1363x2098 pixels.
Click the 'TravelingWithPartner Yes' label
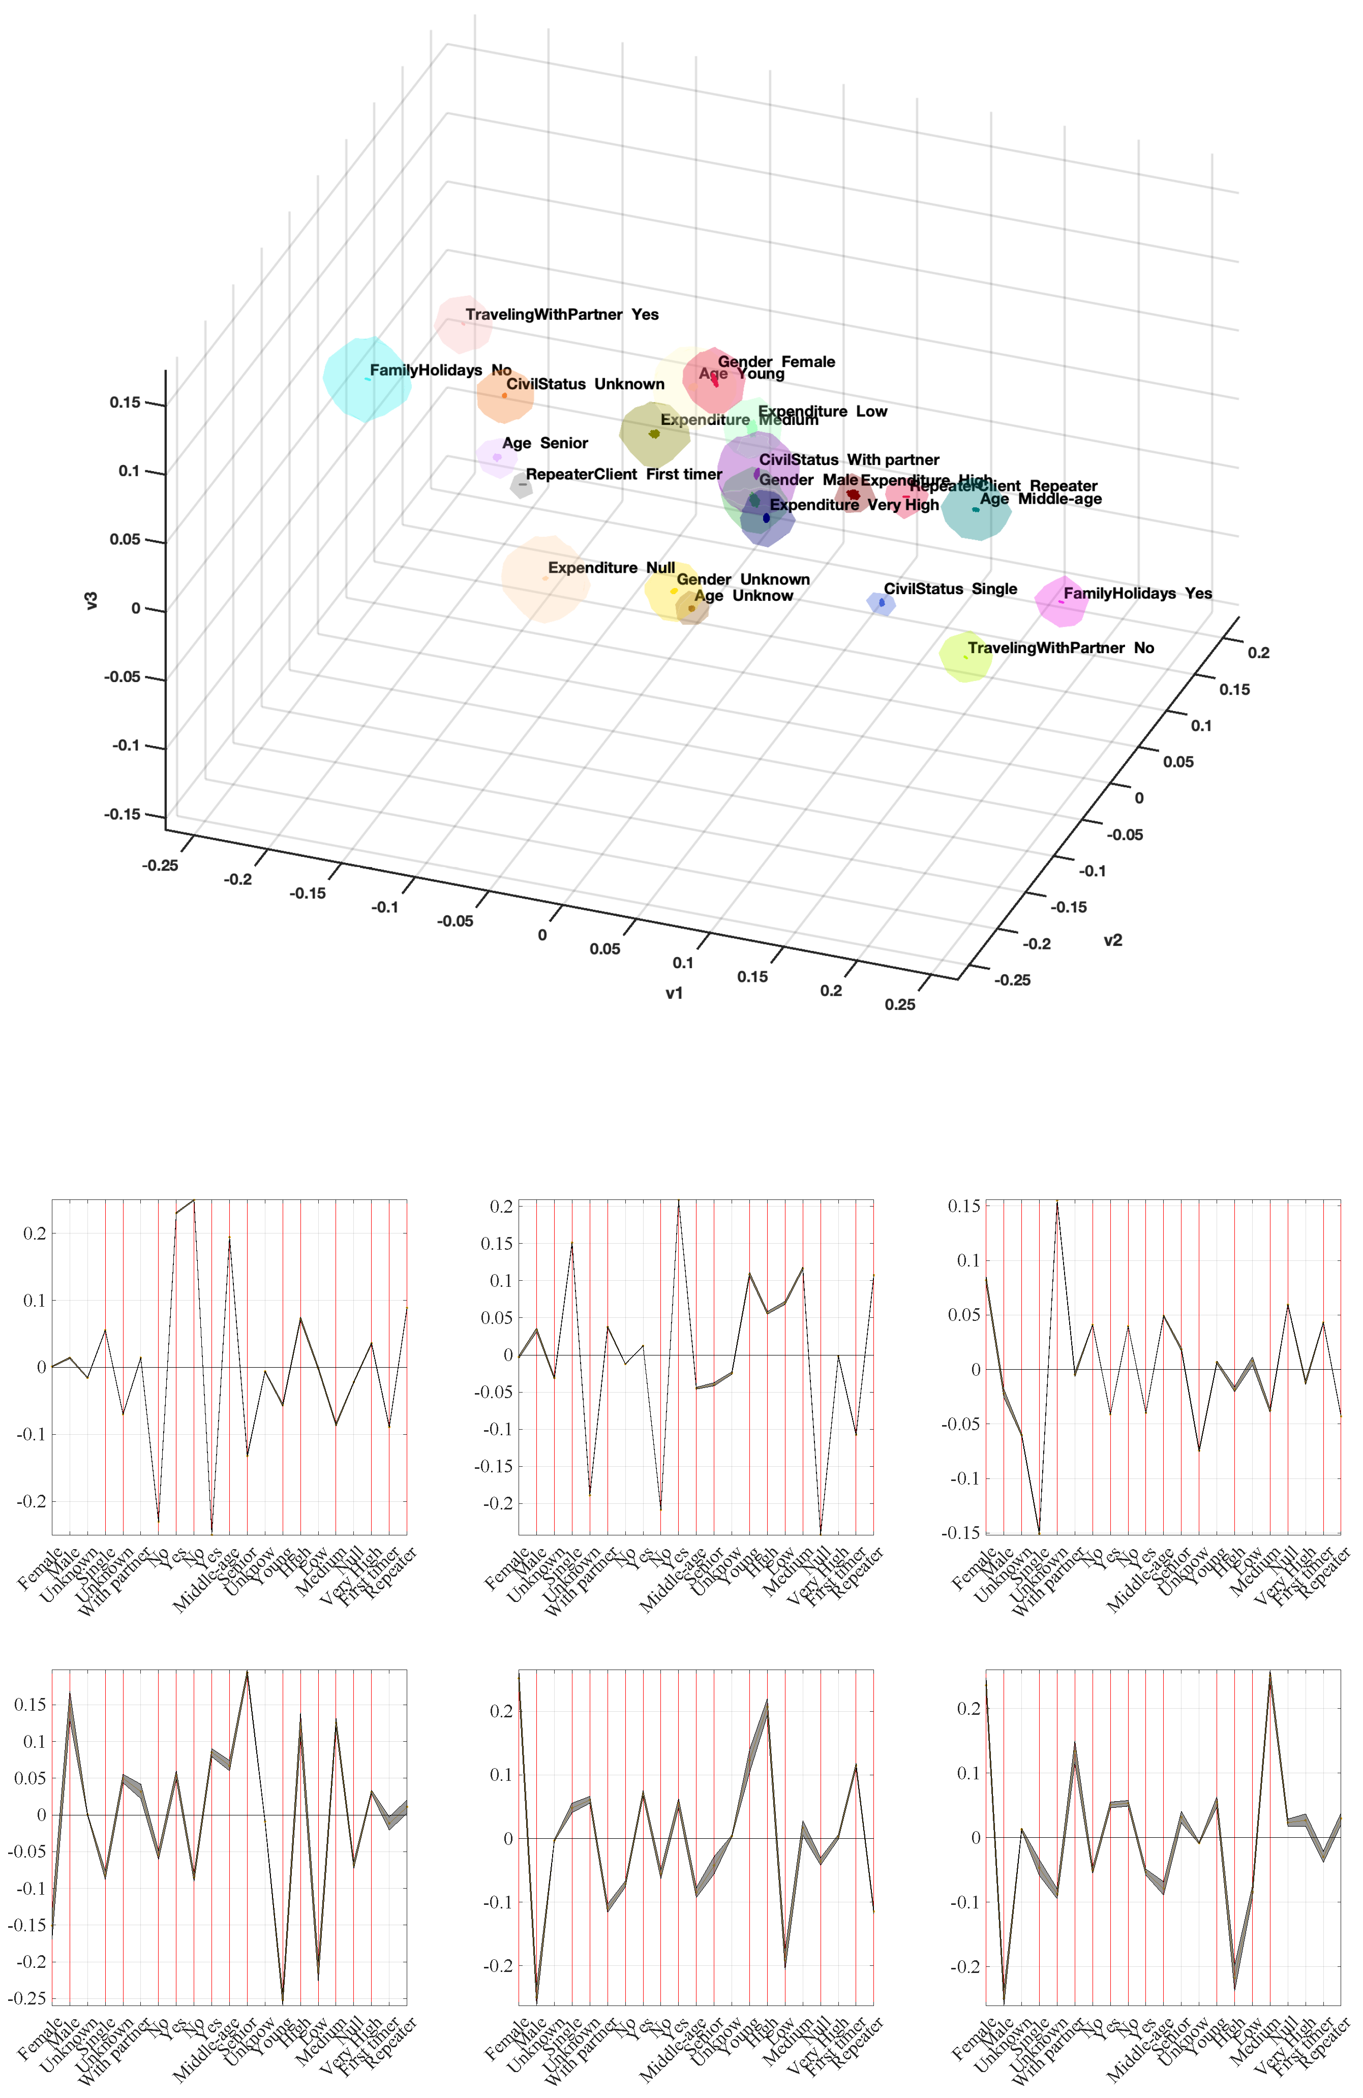[x=562, y=315]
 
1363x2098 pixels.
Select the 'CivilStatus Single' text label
[x=950, y=589]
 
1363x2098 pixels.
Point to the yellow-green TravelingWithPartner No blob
[x=965, y=657]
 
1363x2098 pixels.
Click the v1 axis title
[x=674, y=994]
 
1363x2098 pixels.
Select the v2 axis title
[x=1113, y=941]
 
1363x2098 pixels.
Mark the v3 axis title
[x=91, y=601]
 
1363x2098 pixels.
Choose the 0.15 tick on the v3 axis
[x=125, y=403]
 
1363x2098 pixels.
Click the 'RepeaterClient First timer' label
[x=623, y=474]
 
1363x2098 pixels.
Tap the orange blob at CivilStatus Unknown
[x=504, y=396]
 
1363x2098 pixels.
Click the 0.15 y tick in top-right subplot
[x=963, y=1206]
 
